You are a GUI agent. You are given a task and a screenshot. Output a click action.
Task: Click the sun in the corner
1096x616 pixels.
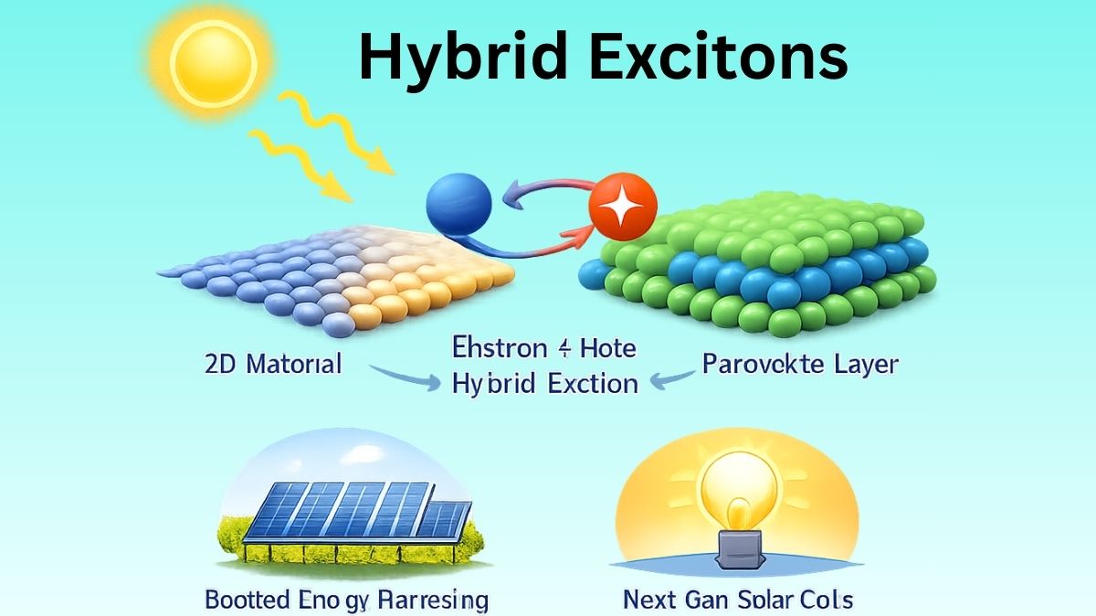click(211, 60)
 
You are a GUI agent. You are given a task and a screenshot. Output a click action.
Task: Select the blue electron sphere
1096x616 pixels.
click(459, 203)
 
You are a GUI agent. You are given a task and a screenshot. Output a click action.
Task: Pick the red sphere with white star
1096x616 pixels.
click(623, 207)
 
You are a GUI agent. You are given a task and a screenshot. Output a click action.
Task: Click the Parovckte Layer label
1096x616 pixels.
click(799, 364)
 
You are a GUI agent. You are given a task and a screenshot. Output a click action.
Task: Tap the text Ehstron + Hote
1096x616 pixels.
click(544, 348)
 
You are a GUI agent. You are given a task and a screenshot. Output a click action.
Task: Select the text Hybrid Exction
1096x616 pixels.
click(545, 383)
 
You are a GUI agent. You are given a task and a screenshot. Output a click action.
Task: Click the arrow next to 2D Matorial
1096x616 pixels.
click(402, 377)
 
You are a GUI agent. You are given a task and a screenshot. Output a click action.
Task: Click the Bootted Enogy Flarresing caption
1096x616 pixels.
click(347, 600)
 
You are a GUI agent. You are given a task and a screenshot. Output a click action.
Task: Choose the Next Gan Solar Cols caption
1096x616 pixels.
click(738, 600)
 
